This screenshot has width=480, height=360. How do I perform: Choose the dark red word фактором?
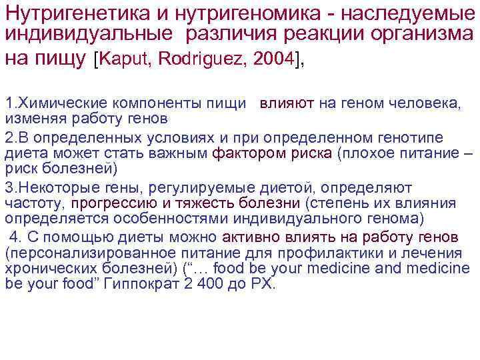point(238,153)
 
